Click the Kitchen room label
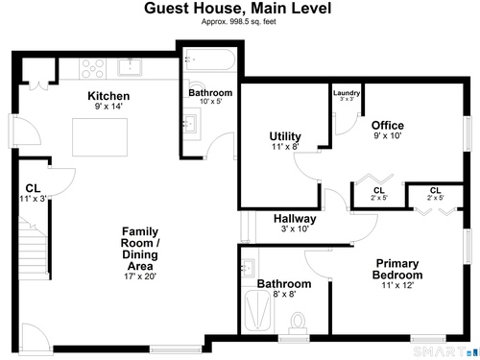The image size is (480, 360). coord(108,96)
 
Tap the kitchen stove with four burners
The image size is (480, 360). coord(93,68)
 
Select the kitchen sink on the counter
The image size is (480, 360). coord(130,67)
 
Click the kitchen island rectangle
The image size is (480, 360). coord(100,137)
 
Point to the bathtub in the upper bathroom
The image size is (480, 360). coord(210,60)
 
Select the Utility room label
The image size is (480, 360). coord(285,136)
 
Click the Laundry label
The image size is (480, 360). coord(347,93)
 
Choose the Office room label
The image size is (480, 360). coord(388,125)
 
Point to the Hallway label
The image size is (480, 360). coord(295,219)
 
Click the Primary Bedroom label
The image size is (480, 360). coord(397,269)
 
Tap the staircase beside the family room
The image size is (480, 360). coord(33,248)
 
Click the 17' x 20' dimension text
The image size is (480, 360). coord(140,276)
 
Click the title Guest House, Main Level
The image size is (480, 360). coord(238,8)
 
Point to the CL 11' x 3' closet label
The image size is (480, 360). coord(34,193)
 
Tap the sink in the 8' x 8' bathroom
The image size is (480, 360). coord(248,268)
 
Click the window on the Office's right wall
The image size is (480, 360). coord(468,132)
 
